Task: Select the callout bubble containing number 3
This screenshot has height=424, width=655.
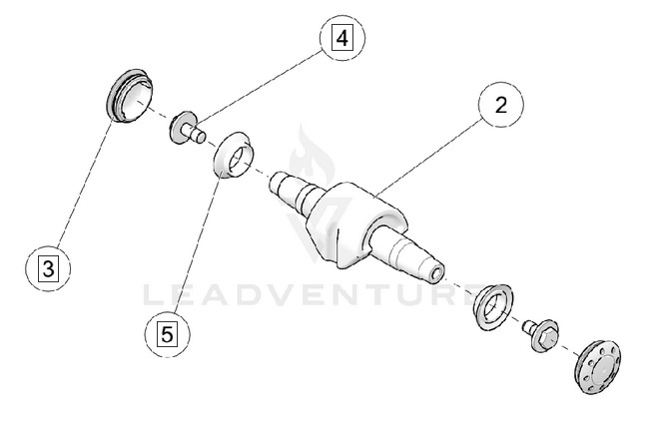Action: click(48, 266)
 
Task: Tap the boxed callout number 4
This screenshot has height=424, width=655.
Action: click(342, 39)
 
